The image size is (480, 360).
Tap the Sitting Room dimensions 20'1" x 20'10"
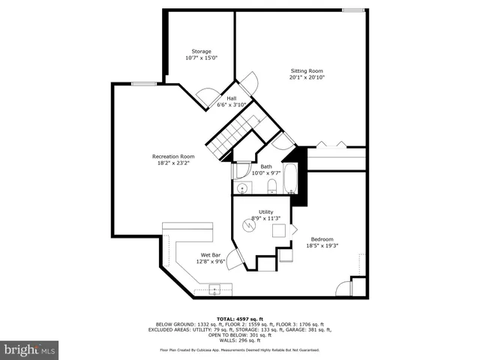(x=311, y=77)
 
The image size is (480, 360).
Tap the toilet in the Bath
(x=271, y=186)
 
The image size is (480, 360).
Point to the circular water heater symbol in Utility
(x=248, y=225)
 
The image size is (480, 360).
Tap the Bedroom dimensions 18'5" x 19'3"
(x=323, y=245)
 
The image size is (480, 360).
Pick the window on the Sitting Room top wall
(x=353, y=10)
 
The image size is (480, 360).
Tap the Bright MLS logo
(x=30, y=349)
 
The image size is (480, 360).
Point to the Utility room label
(x=265, y=212)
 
